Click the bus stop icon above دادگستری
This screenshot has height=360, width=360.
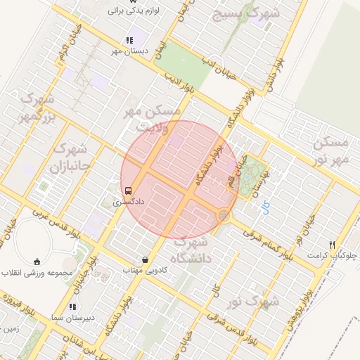128,190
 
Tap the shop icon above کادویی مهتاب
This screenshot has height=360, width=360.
145,259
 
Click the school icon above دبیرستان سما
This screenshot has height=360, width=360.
72,307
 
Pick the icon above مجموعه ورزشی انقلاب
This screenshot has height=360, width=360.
37,262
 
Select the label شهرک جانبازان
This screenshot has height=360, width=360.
69,159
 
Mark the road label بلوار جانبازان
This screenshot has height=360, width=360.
89,257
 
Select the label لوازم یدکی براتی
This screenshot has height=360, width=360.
136,11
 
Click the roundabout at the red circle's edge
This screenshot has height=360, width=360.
224,215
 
